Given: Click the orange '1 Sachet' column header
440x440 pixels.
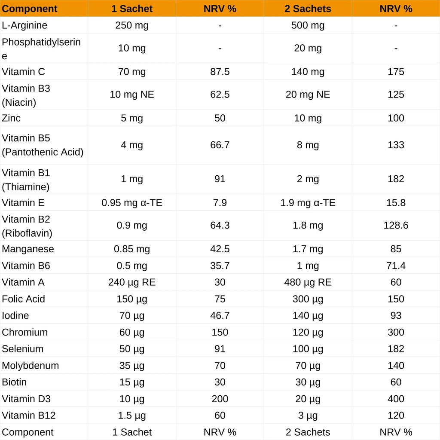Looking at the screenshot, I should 132,9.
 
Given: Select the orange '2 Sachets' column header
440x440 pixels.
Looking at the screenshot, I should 308,9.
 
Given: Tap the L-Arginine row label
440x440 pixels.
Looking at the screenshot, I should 24,25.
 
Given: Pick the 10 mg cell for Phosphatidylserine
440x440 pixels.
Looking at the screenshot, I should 132,48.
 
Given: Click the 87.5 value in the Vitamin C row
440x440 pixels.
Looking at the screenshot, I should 220,72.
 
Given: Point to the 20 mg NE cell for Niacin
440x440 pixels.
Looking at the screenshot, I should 308,95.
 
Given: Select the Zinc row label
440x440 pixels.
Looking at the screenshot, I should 11,118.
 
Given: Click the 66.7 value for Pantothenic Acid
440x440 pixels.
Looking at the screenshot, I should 220,145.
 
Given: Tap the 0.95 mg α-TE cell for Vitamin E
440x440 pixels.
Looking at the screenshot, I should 132,203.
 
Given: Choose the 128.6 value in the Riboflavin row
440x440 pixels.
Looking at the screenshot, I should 396,226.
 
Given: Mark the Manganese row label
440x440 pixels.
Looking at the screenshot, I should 28,249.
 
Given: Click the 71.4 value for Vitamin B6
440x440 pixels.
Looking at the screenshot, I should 396,266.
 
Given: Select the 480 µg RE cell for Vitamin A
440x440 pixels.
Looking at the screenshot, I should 308,282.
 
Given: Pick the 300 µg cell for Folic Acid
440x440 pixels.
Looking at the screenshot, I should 308,299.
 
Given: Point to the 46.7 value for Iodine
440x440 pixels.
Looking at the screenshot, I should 220,316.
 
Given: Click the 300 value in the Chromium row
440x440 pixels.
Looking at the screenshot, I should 396,333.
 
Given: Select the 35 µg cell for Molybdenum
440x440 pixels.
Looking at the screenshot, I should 132,366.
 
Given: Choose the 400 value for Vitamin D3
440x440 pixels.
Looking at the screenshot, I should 396,399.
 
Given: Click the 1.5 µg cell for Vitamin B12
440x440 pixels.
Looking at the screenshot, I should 132,416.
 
